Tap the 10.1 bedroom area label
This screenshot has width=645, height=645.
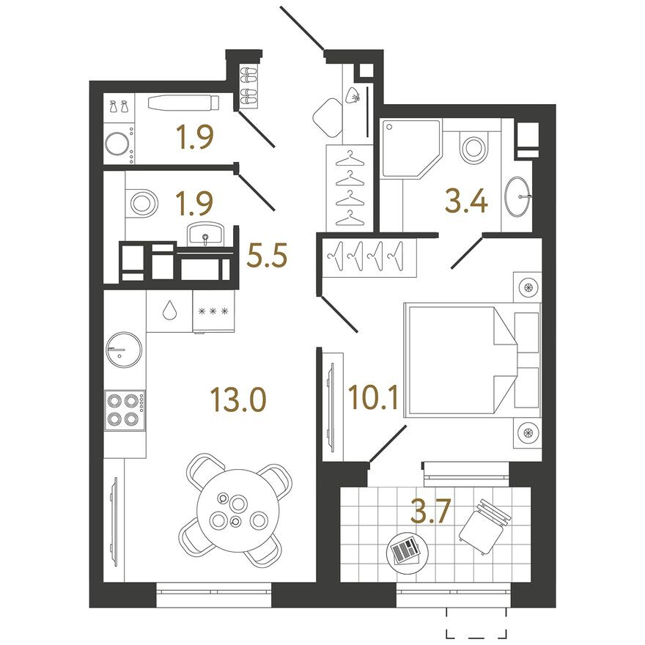click(373, 397)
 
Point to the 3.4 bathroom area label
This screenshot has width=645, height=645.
click(466, 202)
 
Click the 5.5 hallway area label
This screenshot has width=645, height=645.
click(267, 255)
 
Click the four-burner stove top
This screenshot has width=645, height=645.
click(125, 410)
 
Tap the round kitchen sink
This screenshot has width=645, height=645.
click(124, 350)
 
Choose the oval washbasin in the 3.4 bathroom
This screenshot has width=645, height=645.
click(517, 196)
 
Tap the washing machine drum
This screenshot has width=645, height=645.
click(117, 144)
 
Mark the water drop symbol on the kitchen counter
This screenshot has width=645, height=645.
click(169, 310)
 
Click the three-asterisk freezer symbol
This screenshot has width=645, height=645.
click(213, 311)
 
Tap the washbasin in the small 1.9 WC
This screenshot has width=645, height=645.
click(204, 234)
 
